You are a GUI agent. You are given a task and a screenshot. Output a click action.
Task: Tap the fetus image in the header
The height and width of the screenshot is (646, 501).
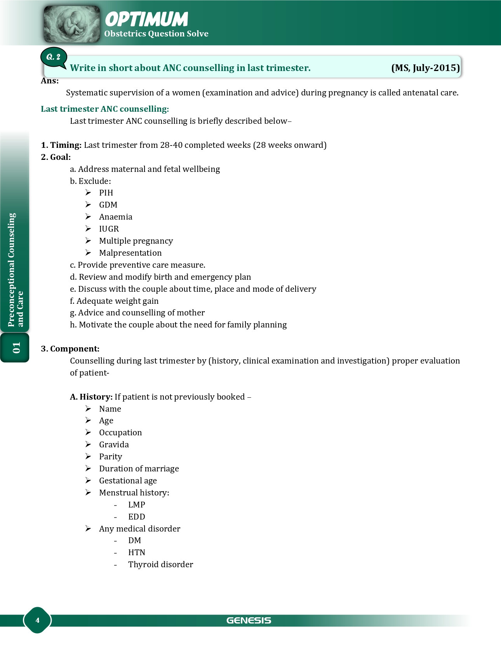pos(71,24)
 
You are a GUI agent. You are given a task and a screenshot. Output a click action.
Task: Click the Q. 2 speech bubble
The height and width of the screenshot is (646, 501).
pos(54,57)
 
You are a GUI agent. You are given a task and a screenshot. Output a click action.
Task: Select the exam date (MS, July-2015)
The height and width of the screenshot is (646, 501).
pos(425,68)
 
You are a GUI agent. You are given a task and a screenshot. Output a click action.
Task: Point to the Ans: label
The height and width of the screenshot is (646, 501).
pos(50,81)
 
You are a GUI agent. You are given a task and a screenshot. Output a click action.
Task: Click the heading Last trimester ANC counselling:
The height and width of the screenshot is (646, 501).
pos(105,109)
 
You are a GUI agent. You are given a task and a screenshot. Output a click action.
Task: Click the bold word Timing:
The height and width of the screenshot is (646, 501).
pos(66,145)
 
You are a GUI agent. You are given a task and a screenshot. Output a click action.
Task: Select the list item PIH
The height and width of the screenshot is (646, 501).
pos(106,193)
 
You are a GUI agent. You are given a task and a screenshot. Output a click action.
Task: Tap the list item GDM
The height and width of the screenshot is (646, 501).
pos(108,205)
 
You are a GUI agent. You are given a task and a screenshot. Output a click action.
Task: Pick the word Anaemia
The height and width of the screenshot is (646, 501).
pos(116,217)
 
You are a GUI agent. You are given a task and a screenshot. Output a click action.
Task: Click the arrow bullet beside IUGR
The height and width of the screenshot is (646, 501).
pos(88,229)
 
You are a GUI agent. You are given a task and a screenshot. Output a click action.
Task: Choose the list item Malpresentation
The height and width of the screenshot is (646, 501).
pos(130,253)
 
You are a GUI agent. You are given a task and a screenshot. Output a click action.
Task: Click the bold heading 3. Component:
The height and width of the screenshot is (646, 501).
pos(70,349)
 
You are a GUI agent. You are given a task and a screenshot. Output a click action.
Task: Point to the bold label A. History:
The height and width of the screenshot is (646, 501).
pos(91,397)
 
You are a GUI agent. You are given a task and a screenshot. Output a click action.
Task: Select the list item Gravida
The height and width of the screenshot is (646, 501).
pos(114,445)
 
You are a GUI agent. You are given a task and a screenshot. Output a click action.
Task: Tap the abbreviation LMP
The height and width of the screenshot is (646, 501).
pos(137,505)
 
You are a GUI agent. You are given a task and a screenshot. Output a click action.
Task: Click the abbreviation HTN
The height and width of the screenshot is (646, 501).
pos(137,552)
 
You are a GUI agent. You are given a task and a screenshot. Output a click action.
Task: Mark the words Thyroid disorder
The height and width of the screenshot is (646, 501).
pos(160,565)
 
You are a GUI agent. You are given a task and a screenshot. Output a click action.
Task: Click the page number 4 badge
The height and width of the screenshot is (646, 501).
pos(37,620)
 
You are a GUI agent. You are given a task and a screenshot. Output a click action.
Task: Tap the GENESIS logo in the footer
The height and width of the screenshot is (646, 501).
pos(249,620)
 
